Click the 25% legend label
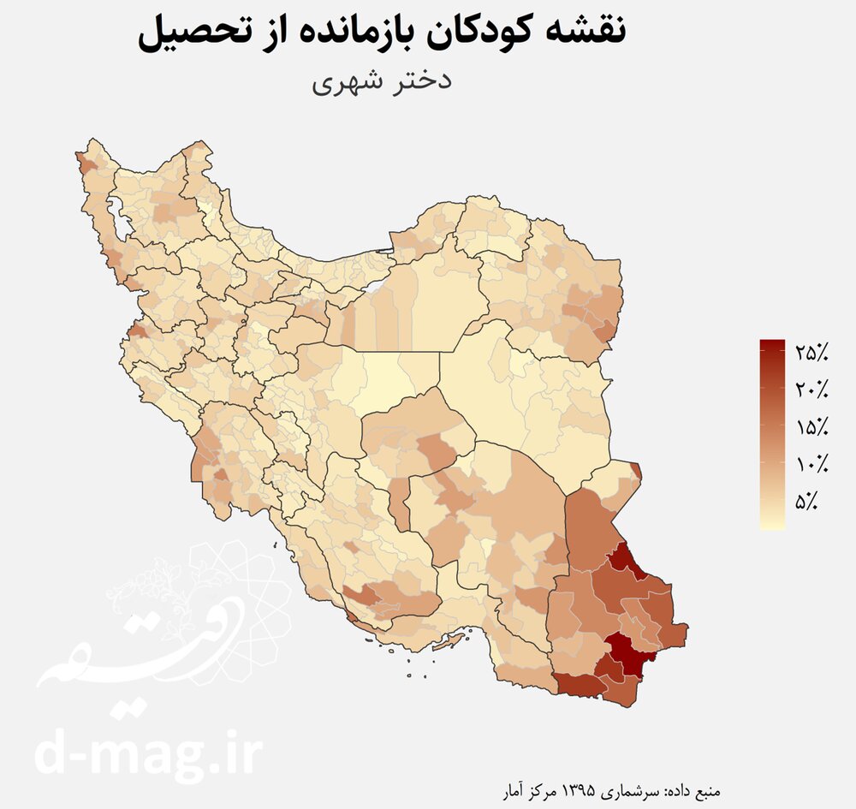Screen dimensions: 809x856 pyautogui.click(x=811, y=352)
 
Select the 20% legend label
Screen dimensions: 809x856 pyautogui.click(x=811, y=390)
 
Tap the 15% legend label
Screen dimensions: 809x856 pyautogui.click(x=811, y=427)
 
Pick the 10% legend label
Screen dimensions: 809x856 pyautogui.click(x=811, y=465)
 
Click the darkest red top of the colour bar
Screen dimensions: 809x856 pyautogui.click(x=772, y=345)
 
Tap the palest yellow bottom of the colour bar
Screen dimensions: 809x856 pyautogui.click(x=772, y=524)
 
